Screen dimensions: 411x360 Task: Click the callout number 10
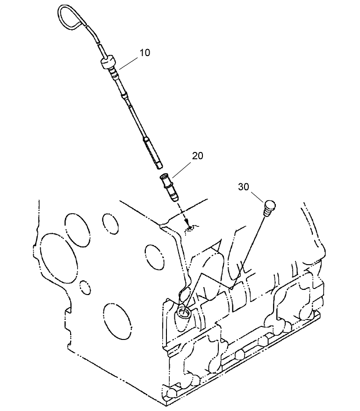[144, 52]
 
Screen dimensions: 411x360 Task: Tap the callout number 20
[198, 156]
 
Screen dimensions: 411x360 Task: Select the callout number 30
[244, 187]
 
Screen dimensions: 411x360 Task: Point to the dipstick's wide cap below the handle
[108, 62]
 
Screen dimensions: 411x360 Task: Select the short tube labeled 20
[170, 187]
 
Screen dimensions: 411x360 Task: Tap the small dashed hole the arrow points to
[190, 229]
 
